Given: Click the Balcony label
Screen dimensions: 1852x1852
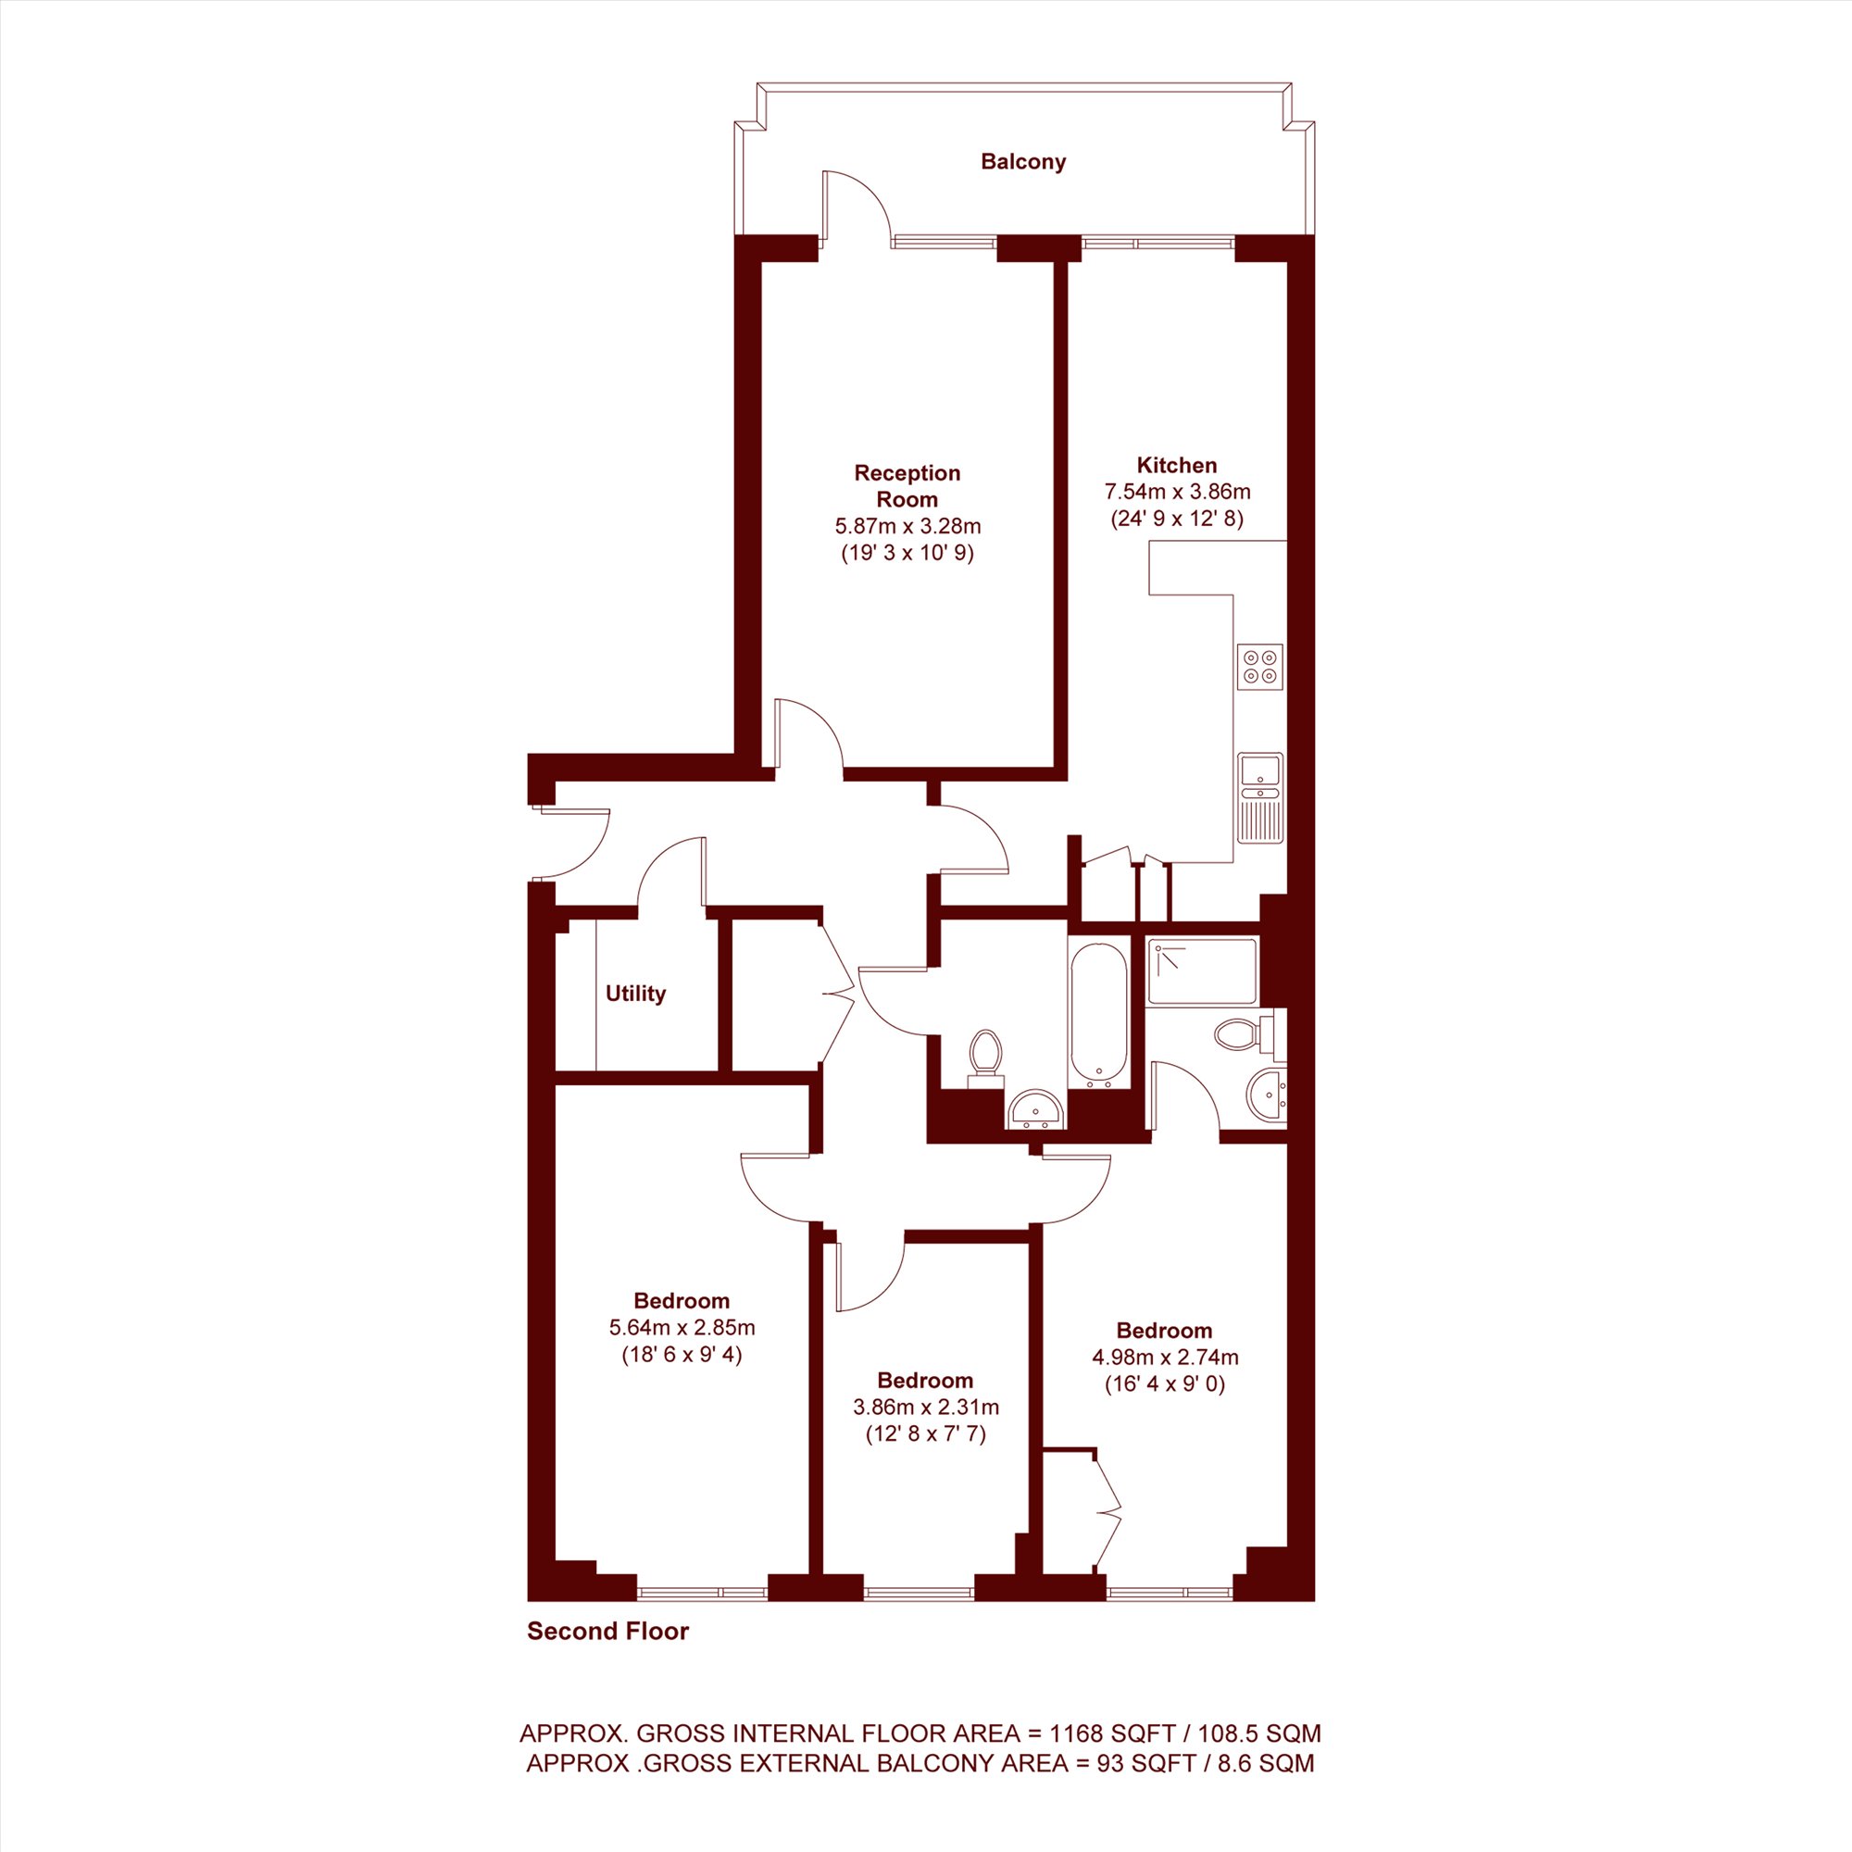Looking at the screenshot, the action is tap(1023, 162).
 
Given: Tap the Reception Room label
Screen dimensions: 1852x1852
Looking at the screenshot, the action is tap(907, 486).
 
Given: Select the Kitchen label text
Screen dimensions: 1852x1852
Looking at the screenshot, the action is tap(1176, 465).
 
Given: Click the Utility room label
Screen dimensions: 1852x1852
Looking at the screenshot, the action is tap(634, 994).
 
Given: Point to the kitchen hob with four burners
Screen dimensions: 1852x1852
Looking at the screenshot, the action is tap(1259, 666).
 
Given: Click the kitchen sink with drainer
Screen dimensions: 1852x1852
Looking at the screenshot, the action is tap(1259, 798).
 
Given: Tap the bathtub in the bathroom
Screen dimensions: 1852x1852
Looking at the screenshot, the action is tap(1098, 1015).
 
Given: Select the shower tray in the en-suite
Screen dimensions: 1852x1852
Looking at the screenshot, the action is tap(1202, 972).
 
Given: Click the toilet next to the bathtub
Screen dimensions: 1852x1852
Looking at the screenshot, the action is tap(985, 1059).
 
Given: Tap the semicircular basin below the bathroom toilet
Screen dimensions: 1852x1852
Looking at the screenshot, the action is tap(1035, 1108).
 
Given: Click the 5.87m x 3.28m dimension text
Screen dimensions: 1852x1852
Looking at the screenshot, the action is tap(907, 526).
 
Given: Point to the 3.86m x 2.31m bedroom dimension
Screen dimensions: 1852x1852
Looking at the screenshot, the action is tap(926, 1408).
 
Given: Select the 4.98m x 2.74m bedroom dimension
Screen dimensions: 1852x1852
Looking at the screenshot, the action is tap(1165, 1358).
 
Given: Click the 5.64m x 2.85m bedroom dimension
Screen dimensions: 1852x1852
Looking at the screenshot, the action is tap(682, 1328).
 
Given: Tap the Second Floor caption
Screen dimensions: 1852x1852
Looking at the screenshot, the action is tap(607, 1632).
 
